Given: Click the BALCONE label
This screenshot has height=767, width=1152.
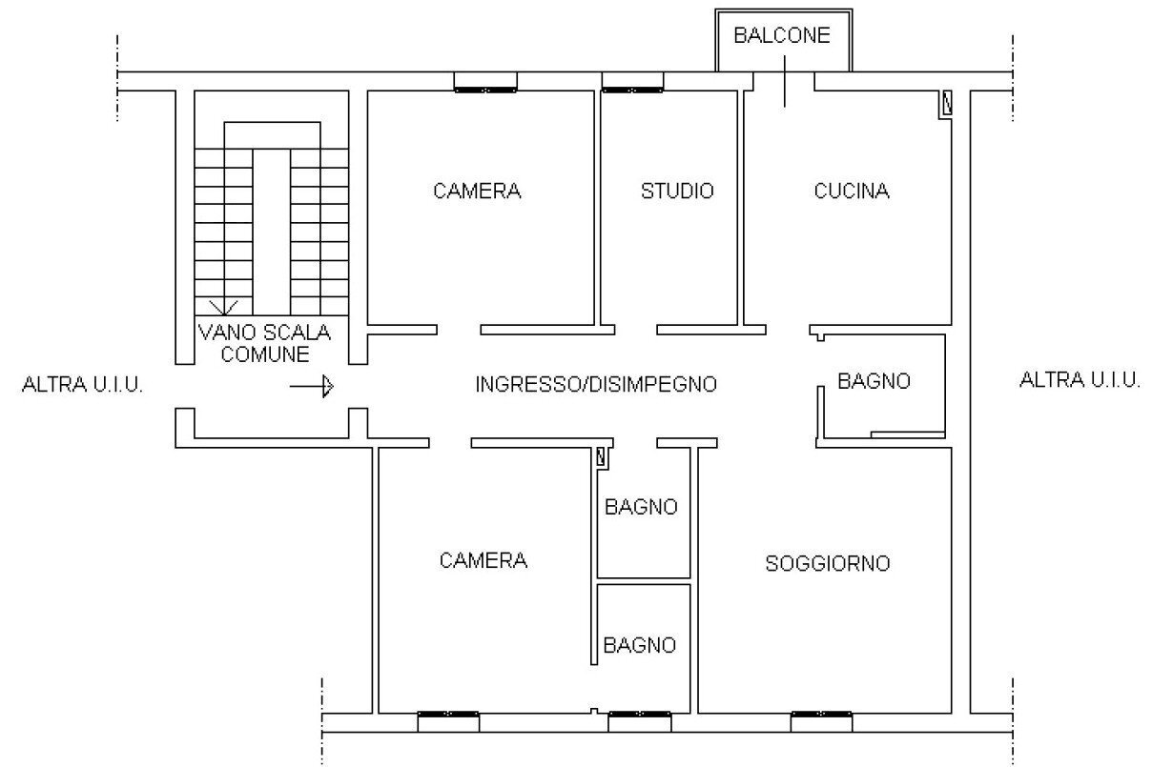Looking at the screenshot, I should [782, 36].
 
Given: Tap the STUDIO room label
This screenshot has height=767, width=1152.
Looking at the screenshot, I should [676, 191].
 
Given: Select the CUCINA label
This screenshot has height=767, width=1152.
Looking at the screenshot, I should [852, 191].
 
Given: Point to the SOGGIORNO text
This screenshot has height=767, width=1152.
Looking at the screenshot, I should [828, 563].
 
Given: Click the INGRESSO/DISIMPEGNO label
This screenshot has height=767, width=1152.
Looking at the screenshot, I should [596, 385].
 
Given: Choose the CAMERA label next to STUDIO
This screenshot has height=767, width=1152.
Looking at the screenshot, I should [477, 191].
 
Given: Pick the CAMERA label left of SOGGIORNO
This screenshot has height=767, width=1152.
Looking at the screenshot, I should [483, 560].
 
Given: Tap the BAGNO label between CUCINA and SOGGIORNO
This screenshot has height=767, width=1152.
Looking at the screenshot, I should [874, 381].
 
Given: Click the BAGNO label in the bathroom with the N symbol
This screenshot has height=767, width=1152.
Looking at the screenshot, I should [641, 507].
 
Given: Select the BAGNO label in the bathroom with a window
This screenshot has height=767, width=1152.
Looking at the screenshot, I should [640, 645].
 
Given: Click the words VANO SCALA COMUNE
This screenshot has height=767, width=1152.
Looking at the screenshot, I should [264, 343].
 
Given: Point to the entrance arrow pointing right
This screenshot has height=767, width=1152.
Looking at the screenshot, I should [312, 386].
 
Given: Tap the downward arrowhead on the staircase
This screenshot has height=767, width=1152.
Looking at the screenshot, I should [226, 307].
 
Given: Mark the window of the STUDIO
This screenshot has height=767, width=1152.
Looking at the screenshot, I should [632, 90].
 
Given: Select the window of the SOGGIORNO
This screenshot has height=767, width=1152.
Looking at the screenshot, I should [821, 714].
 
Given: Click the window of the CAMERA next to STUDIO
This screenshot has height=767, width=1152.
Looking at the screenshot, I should [484, 90].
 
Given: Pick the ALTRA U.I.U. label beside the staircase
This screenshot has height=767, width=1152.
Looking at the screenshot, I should [82, 386].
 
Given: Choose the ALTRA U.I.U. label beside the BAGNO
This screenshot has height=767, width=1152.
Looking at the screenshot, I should [1080, 380].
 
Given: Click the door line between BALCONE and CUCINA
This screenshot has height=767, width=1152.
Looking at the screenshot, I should [784, 82].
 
